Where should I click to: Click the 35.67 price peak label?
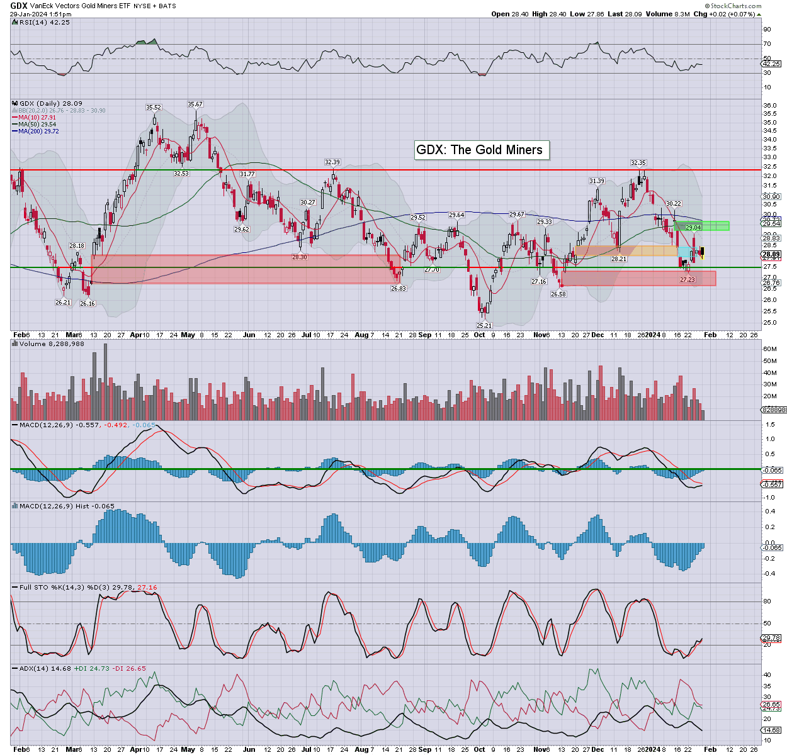pyautogui.click(x=195, y=104)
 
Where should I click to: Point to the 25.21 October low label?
pyautogui.click(x=484, y=325)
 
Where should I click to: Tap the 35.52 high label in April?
pyautogui.click(x=154, y=108)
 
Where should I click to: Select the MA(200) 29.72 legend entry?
pyautogui.click(x=38, y=131)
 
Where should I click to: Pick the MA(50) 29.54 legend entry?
pyautogui.click(x=37, y=125)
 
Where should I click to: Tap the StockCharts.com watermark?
pyautogui.click(x=736, y=6)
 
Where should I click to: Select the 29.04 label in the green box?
pyautogui.click(x=693, y=228)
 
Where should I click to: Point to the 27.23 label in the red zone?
pyautogui.click(x=688, y=279)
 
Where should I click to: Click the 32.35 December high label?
pyautogui.click(x=638, y=163)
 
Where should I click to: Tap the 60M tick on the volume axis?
pyautogui.click(x=769, y=349)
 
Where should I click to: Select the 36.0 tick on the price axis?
pyautogui.click(x=769, y=106)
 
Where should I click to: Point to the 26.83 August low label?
pyautogui.click(x=398, y=288)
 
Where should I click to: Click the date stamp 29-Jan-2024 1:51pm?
pyautogui.click(x=40, y=14)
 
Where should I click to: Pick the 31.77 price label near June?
pyautogui.click(x=247, y=174)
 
